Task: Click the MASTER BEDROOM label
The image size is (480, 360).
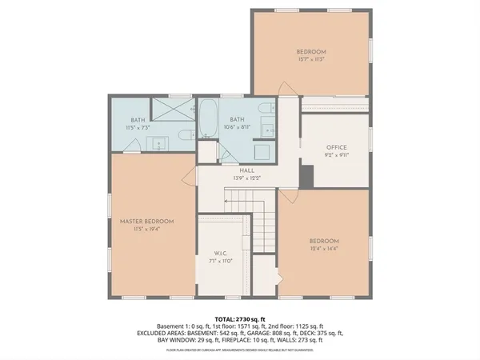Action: click(x=146, y=221)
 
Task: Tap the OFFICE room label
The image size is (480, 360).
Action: click(x=335, y=148)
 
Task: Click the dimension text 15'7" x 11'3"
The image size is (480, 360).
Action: click(x=311, y=59)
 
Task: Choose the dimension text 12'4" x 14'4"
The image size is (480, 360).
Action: click(x=325, y=248)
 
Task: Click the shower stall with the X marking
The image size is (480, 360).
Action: click(x=170, y=108)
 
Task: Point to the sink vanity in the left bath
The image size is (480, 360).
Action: click(x=158, y=144)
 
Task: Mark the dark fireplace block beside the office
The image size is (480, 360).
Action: click(x=306, y=174)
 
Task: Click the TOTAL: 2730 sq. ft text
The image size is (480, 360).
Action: click(x=240, y=318)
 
